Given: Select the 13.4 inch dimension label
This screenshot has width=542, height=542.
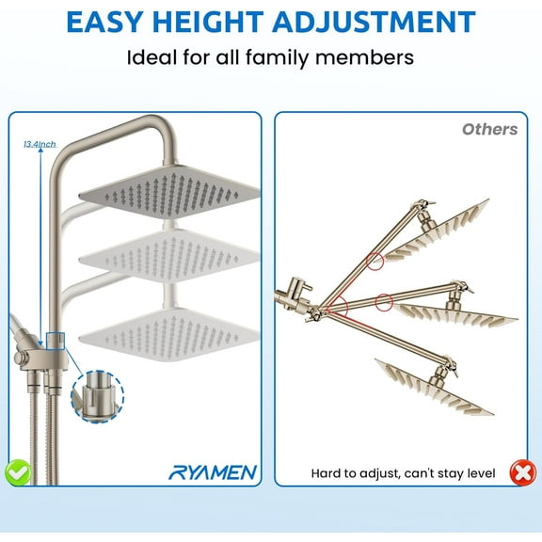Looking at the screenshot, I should [x=40, y=144].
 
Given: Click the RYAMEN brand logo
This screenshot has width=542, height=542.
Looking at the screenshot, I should [x=213, y=471].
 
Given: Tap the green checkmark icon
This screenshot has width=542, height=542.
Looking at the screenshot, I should [x=17, y=471].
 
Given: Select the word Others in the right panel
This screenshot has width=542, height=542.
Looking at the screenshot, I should [x=489, y=129].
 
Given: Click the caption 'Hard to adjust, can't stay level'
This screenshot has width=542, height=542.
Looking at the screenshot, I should [x=403, y=473].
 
